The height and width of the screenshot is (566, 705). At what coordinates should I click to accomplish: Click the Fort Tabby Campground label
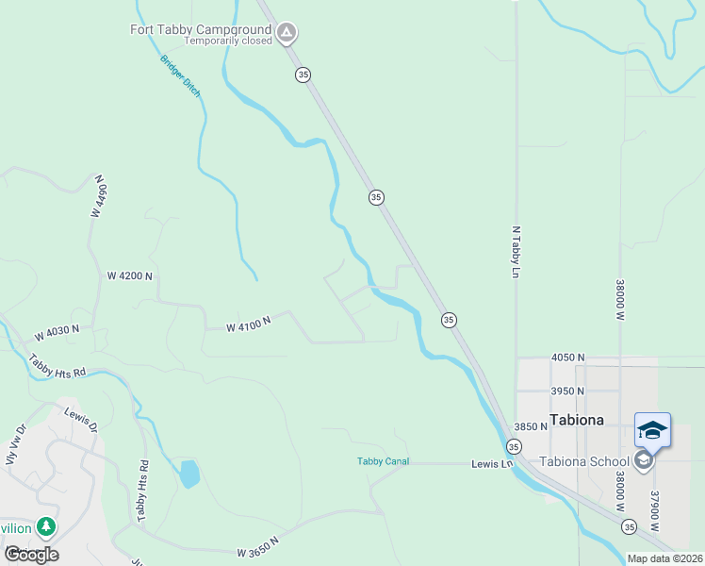[x=200, y=29]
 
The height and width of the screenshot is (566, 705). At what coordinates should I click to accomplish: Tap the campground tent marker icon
[x=287, y=35]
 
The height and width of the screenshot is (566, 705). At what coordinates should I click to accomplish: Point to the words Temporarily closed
[x=227, y=42]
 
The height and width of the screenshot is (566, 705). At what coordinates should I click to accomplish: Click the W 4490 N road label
[x=97, y=196]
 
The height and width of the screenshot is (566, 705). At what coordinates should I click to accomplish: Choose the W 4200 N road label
[x=130, y=275]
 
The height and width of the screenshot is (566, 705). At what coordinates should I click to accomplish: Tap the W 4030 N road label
[x=57, y=334]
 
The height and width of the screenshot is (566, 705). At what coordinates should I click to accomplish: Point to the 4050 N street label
[x=568, y=358]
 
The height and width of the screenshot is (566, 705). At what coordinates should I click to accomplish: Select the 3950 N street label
[x=568, y=391]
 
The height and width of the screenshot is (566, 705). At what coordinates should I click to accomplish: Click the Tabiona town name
[x=576, y=420]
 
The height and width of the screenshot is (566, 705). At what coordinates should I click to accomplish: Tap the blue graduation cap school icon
[x=652, y=430]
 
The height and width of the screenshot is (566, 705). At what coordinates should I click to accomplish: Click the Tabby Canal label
[x=383, y=461]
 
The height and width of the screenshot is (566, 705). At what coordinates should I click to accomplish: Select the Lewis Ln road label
[x=491, y=464]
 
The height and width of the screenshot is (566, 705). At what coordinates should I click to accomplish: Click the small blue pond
[x=189, y=474]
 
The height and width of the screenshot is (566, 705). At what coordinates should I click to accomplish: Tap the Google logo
[x=32, y=554]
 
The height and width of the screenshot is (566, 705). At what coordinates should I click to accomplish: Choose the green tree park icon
[x=45, y=526]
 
